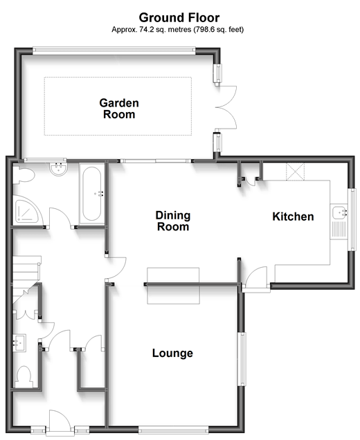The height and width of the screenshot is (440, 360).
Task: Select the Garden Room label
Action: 119,109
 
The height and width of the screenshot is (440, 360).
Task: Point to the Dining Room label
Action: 173,221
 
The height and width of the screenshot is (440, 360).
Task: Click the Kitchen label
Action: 293,217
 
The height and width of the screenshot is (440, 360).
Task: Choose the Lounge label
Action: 172,354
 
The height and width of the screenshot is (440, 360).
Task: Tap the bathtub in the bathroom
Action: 92,194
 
